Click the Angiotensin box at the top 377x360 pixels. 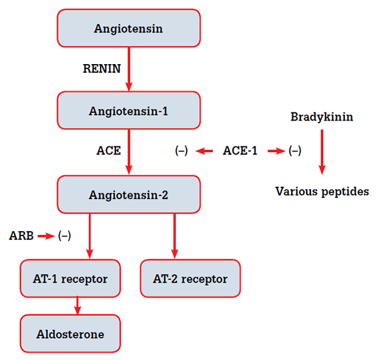128,28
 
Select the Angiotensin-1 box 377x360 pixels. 128,111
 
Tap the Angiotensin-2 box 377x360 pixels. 128,194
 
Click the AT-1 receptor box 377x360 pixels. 70,278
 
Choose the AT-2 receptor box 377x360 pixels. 190,278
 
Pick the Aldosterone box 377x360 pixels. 70,334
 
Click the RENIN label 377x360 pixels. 101,69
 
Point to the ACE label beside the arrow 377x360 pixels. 108,151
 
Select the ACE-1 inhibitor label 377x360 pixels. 240,151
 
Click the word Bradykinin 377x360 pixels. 322,117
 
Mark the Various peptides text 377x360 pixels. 322,191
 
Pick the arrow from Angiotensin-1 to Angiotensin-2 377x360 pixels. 129,151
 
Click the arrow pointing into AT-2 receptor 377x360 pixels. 174,236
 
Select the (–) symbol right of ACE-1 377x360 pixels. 294,151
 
